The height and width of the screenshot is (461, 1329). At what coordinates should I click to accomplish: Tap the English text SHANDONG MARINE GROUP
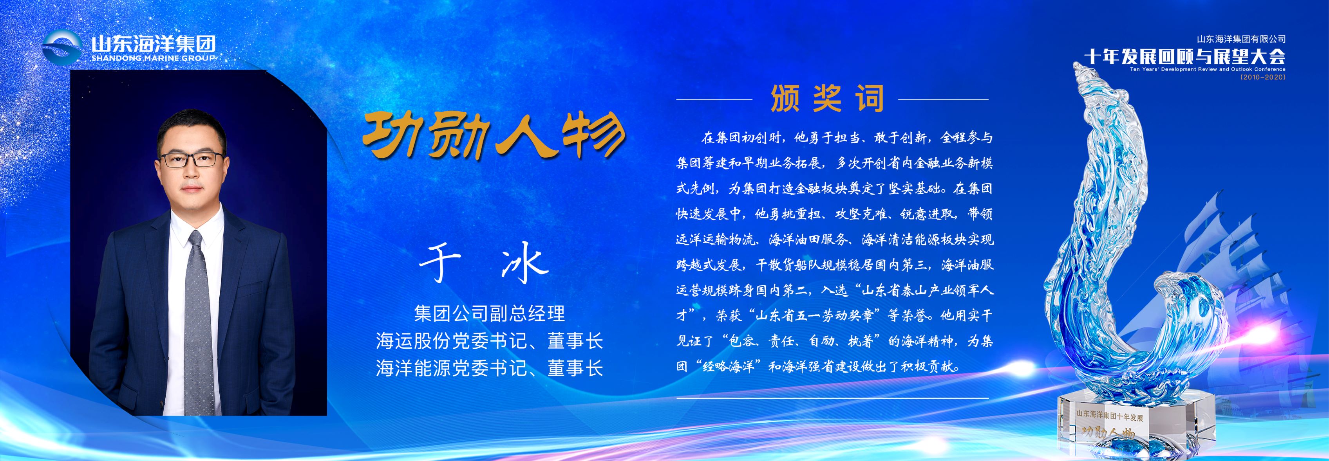pyautogui.click(x=153, y=58)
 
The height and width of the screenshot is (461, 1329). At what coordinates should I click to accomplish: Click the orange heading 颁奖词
pyautogui.click(x=827, y=99)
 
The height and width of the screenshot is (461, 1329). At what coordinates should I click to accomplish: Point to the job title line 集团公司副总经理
pyautogui.click(x=490, y=313)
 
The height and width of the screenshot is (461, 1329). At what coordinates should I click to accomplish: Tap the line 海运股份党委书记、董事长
pyautogui.click(x=489, y=341)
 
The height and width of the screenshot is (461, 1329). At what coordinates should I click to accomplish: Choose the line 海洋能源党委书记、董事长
pyautogui.click(x=489, y=368)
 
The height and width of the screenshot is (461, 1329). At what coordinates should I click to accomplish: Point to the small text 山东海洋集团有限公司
pyautogui.click(x=1241, y=39)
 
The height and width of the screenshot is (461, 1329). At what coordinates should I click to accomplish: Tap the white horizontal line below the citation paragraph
pyautogui.click(x=832, y=398)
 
